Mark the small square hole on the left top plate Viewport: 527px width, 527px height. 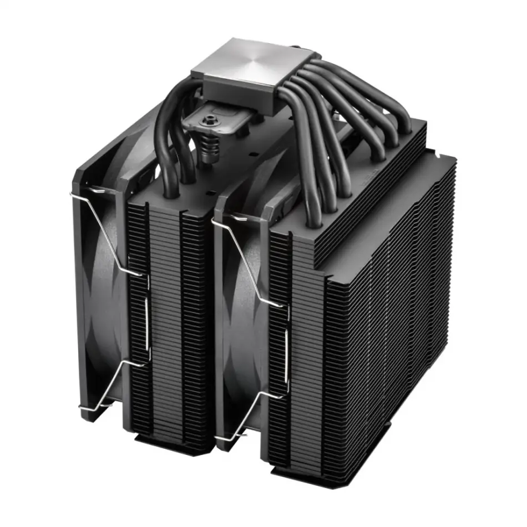pos(211,192)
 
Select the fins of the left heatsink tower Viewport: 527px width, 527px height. pos(166,322)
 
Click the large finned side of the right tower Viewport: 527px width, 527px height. pos(388,333)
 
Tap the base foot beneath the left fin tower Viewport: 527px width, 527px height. pos(166,444)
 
